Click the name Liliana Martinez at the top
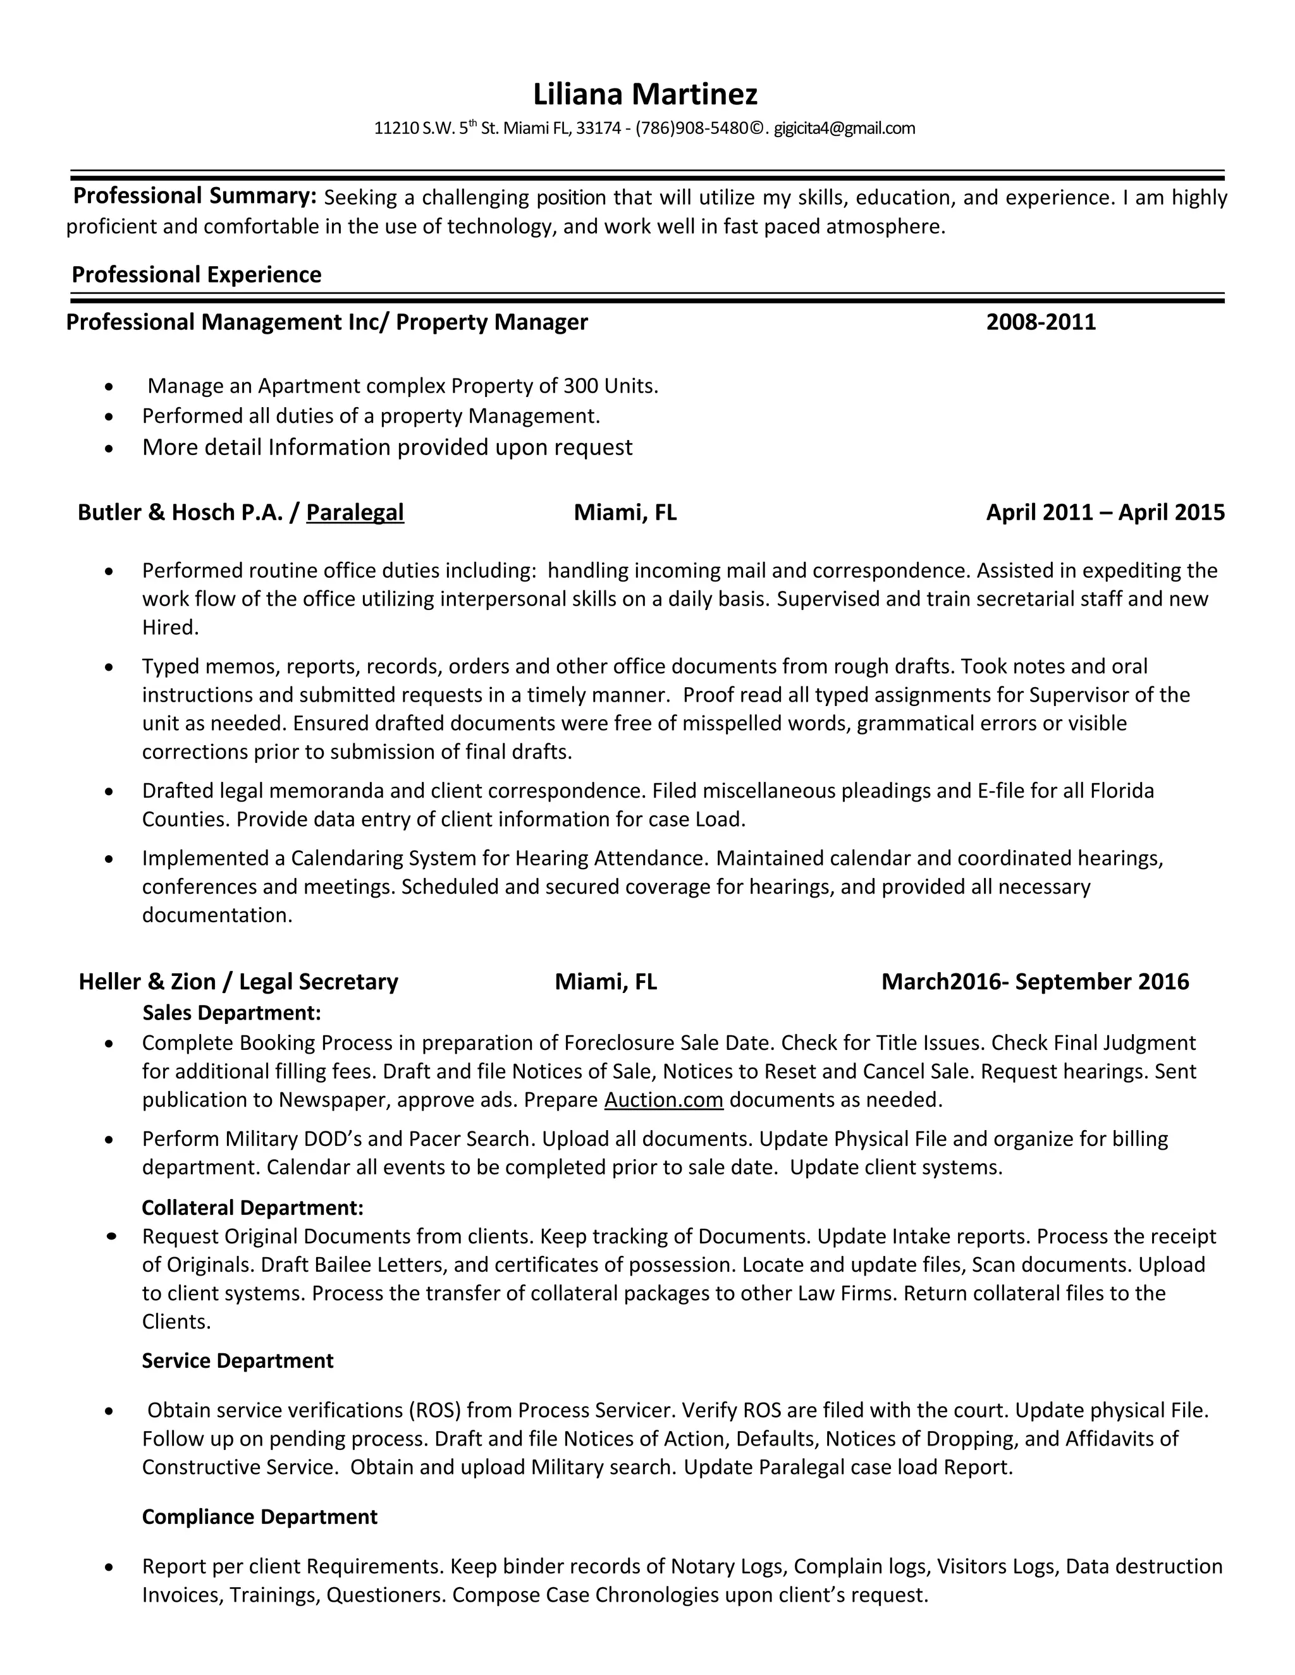pyautogui.click(x=645, y=94)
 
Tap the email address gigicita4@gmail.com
pyautogui.click(x=844, y=128)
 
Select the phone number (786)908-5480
pyautogui.click(x=691, y=128)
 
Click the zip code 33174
pyautogui.click(x=598, y=128)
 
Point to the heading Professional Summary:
pyautogui.click(x=194, y=197)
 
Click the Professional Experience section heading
pyautogui.click(x=197, y=274)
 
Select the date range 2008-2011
pyautogui.click(x=1040, y=321)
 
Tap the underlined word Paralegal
pyautogui.click(x=355, y=513)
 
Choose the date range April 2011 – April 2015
pyautogui.click(x=1105, y=513)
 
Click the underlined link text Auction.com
pyautogui.click(x=663, y=1100)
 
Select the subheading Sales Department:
pyautogui.click(x=231, y=1013)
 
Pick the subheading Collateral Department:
pyautogui.click(x=252, y=1207)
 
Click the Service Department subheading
pyautogui.click(x=237, y=1361)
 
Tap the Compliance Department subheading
pyautogui.click(x=259, y=1517)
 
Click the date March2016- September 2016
pyautogui.click(x=1035, y=982)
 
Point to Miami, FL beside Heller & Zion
pyautogui.click(x=605, y=982)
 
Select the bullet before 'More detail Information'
pyautogui.click(x=111, y=448)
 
